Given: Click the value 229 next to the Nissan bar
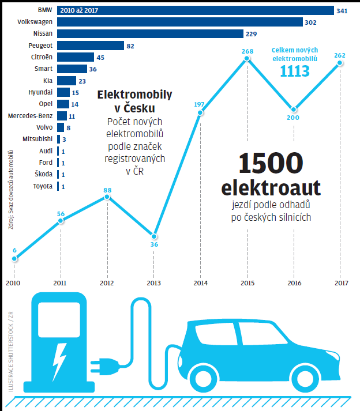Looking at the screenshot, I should (252, 34).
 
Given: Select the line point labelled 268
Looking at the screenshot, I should (247, 61).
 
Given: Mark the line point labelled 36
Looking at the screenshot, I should (153, 236).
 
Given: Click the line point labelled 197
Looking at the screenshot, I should (200, 112).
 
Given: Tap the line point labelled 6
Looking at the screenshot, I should (14, 259).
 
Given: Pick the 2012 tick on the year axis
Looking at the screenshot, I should (107, 283).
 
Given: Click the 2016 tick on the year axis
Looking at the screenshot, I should (294, 283).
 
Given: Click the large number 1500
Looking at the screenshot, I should (270, 165).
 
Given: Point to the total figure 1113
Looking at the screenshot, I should (295, 71).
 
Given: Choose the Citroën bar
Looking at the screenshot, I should (76, 57).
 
